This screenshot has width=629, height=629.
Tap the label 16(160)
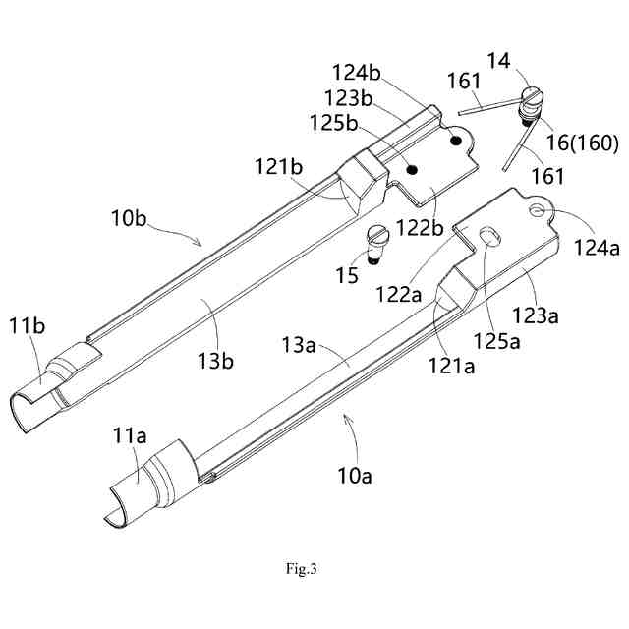582,143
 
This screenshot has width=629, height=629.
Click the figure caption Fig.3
301,568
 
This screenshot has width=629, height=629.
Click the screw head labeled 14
534,99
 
